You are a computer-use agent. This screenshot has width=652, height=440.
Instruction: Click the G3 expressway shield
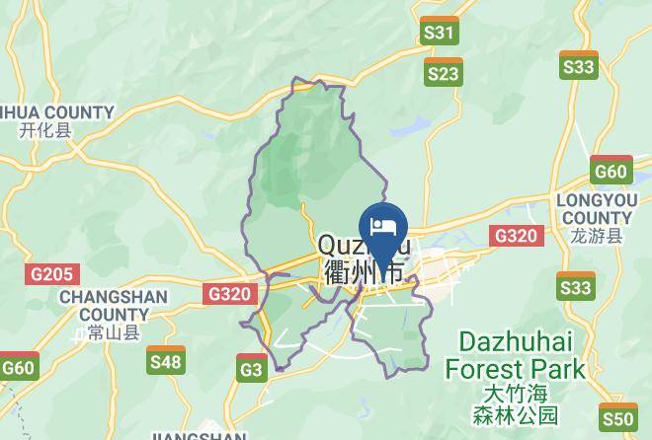(x=252, y=368)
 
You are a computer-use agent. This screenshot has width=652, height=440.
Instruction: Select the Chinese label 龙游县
(x=598, y=237)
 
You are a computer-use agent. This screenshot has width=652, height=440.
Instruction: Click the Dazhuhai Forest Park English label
(x=515, y=356)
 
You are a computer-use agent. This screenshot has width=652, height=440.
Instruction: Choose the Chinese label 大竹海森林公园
(x=515, y=403)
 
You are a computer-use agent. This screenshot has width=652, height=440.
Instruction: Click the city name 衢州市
(x=364, y=270)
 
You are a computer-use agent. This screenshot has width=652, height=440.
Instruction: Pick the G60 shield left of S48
(x=17, y=367)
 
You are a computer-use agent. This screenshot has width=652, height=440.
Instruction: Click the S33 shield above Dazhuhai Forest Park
(x=576, y=286)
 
